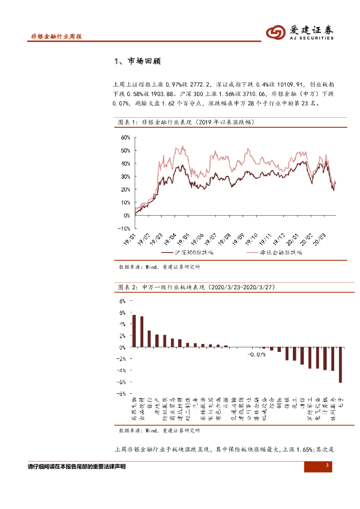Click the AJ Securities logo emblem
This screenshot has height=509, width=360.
point(275,33)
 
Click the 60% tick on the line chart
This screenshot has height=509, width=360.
point(124,137)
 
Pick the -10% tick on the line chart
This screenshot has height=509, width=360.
point(123,229)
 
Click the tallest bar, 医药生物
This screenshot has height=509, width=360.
point(134,331)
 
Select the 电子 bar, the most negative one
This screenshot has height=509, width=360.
point(341,364)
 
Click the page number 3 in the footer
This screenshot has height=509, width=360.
point(327,465)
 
